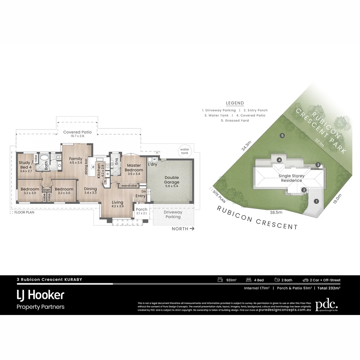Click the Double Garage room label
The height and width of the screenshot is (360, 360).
171,180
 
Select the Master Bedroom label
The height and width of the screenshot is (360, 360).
134,168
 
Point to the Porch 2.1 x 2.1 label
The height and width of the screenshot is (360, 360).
141,211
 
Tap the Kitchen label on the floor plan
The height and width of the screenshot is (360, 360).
99,171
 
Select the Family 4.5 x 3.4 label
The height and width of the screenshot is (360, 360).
76,161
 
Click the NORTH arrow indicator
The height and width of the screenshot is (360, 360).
183,229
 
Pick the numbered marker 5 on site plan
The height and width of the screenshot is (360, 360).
282,136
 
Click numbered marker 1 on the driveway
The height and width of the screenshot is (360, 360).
316,201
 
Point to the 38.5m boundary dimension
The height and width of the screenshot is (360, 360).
276,212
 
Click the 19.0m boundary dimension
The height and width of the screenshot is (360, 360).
337,199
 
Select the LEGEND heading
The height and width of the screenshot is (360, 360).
235,103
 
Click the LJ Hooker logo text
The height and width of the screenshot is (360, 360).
40,295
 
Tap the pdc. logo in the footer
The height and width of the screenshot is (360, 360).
326,304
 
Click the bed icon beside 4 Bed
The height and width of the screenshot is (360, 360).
249,280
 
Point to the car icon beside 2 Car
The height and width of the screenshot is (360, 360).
305,280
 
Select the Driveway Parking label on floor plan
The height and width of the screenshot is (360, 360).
173,214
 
